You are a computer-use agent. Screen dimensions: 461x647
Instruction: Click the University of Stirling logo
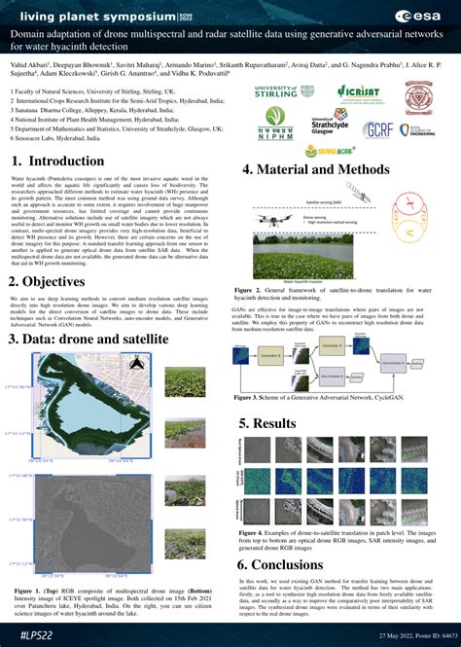click(x=274, y=92)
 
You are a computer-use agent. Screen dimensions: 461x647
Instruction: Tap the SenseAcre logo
click(x=337, y=154)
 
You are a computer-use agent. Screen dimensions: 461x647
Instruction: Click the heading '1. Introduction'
click(x=66, y=162)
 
